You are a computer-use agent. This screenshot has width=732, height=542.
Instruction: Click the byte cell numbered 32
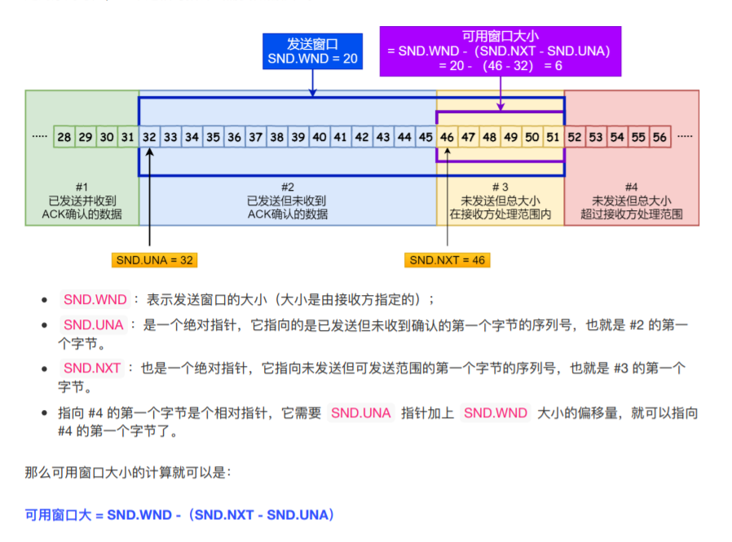tap(149, 138)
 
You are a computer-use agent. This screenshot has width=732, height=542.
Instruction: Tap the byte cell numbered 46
tap(447, 138)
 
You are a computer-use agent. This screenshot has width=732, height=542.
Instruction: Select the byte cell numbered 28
tap(64, 138)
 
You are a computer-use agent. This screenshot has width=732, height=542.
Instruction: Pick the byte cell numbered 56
tap(659, 138)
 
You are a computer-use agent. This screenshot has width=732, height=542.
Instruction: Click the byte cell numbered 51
tap(553, 138)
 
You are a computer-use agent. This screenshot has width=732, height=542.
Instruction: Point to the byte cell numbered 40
tap(320, 138)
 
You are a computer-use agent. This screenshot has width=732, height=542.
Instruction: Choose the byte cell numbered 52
tap(575, 138)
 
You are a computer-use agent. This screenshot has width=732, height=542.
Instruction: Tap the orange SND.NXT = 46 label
tap(448, 260)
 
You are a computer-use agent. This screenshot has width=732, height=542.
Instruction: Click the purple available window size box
tap(500, 51)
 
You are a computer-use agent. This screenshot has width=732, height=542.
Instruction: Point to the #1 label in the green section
tap(82, 187)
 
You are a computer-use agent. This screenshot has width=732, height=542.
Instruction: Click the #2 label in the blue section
tap(288, 187)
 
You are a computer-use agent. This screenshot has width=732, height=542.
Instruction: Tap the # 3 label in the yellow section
tap(500, 187)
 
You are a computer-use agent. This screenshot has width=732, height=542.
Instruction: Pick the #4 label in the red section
tap(632, 187)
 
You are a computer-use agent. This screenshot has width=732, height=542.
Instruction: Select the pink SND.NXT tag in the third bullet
tap(92, 368)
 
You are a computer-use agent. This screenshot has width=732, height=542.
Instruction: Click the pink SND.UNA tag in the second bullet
tap(93, 325)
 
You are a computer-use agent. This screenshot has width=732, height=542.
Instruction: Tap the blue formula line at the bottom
tap(180, 515)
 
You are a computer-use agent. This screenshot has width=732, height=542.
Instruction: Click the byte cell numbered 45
tap(426, 138)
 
